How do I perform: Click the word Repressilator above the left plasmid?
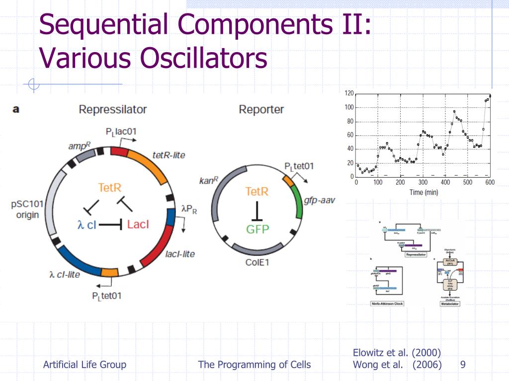(x=112, y=109)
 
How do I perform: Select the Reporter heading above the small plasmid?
(x=261, y=109)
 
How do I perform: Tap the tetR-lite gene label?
(x=169, y=155)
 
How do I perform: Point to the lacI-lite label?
(x=179, y=254)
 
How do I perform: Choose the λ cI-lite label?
(x=64, y=274)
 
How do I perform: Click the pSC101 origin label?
(x=27, y=210)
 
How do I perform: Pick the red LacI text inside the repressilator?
(x=138, y=225)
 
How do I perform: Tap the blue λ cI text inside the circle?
(x=86, y=225)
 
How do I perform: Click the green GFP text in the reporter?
(x=257, y=229)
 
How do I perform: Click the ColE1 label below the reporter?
(x=257, y=262)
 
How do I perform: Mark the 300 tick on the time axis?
(x=423, y=183)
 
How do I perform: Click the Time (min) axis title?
(x=424, y=192)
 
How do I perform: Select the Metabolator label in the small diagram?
(x=450, y=304)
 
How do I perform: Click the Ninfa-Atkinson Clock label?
(x=387, y=304)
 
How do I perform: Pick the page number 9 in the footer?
(x=463, y=365)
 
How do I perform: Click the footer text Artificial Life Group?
(x=85, y=365)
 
